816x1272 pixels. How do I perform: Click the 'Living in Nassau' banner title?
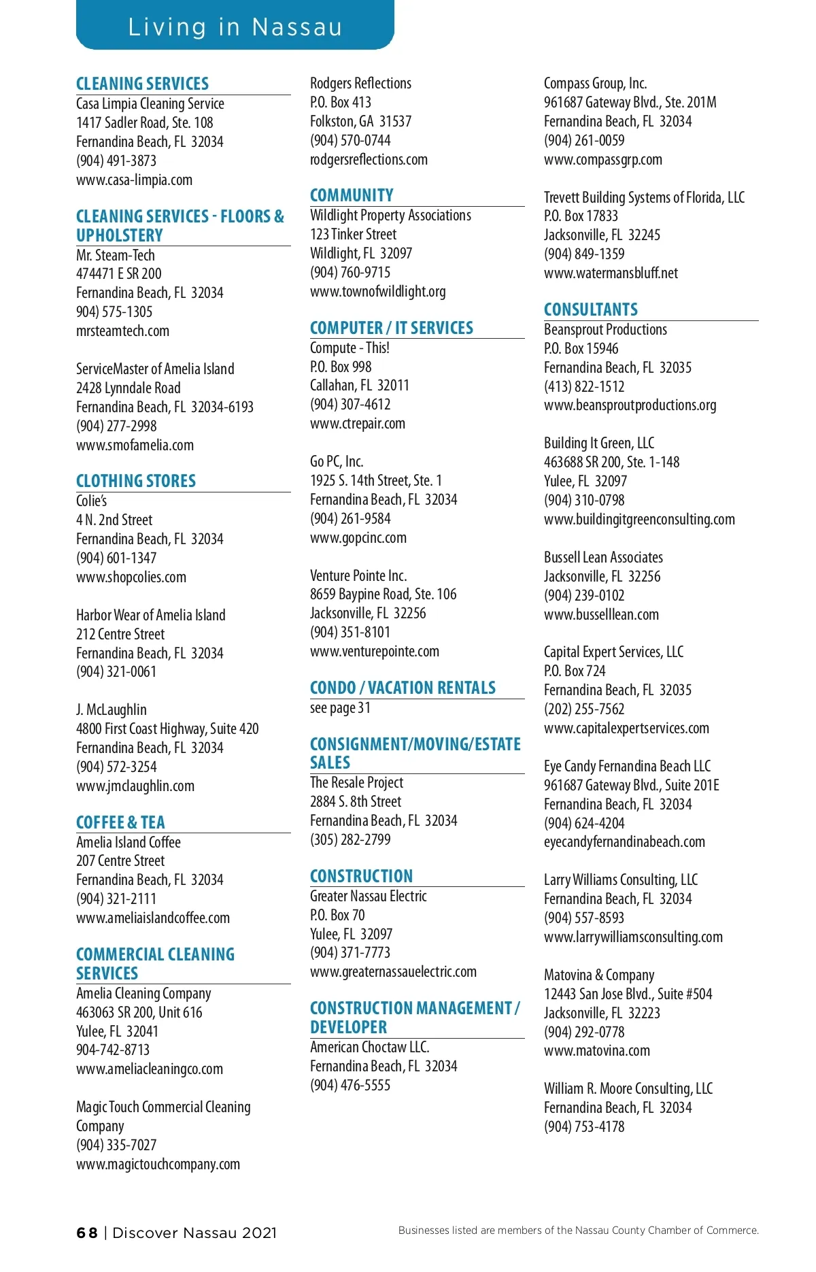click(x=235, y=27)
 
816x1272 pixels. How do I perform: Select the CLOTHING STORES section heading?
click(x=136, y=481)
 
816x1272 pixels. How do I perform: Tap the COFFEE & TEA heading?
click(x=120, y=822)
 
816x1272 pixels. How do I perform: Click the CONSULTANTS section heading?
click(x=591, y=309)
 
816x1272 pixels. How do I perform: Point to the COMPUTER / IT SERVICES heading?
click(x=392, y=328)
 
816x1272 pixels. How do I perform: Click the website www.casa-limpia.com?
click(x=134, y=180)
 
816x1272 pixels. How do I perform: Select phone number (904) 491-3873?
click(x=116, y=161)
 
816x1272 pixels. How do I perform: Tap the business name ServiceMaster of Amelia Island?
click(x=155, y=369)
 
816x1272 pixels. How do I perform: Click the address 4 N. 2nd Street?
click(x=114, y=520)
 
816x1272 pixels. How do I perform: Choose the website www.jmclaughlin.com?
click(x=135, y=786)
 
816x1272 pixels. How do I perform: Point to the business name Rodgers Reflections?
click(x=360, y=83)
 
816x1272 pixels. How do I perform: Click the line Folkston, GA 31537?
click(x=360, y=121)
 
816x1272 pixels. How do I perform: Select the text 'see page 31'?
click(x=340, y=707)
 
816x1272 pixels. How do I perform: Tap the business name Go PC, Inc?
click(x=337, y=461)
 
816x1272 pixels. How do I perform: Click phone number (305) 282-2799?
click(x=350, y=839)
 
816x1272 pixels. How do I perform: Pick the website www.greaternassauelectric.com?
click(x=393, y=971)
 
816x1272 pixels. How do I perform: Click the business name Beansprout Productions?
click(x=605, y=329)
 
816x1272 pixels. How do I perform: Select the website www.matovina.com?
click(x=597, y=1050)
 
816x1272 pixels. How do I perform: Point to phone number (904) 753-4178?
click(x=584, y=1126)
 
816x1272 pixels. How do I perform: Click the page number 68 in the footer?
click(x=87, y=1233)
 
